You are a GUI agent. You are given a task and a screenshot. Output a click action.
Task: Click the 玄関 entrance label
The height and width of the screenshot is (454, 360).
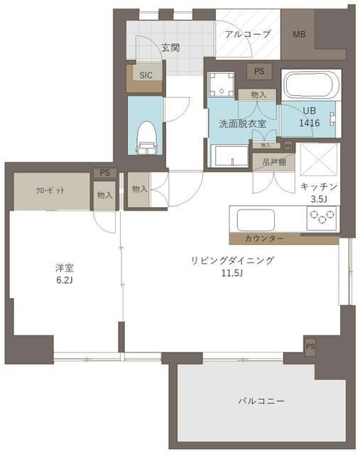(x=170, y=48)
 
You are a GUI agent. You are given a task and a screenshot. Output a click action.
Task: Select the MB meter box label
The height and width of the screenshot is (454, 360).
(x=299, y=34)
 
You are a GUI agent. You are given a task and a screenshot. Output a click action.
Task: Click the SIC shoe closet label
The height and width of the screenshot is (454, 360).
(x=145, y=75)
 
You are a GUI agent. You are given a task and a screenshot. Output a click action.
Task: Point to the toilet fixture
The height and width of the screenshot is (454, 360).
(x=146, y=135)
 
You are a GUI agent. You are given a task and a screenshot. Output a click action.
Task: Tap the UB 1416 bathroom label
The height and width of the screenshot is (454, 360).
(x=310, y=117)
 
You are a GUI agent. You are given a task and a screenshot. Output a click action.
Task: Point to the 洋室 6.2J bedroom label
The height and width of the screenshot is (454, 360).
(x=65, y=273)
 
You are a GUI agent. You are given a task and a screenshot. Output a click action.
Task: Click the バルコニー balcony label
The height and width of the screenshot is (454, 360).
(x=261, y=402)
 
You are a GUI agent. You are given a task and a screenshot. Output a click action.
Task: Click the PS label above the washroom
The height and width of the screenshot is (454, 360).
(x=258, y=71)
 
